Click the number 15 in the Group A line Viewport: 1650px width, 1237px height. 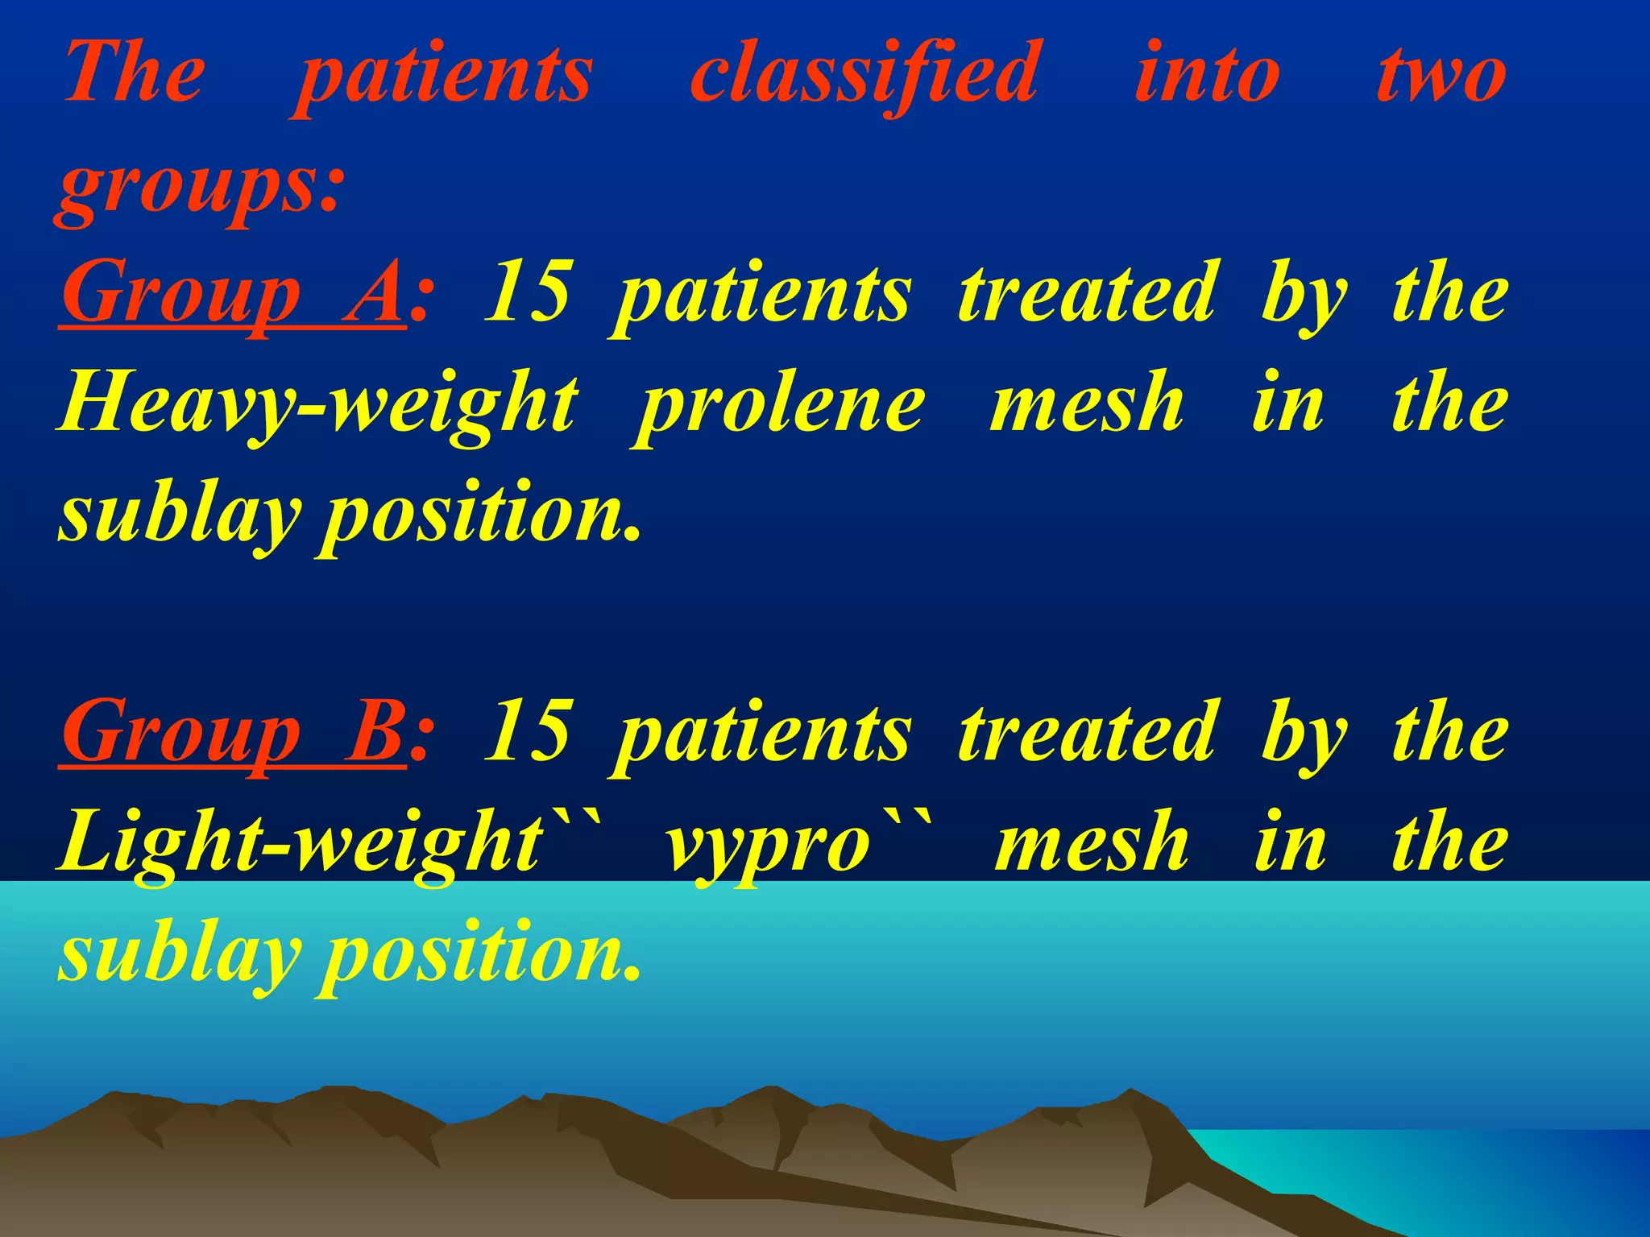(x=529, y=292)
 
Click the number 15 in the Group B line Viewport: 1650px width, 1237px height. (x=530, y=731)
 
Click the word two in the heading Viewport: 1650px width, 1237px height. (x=1441, y=76)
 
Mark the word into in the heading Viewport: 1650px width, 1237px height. (x=1207, y=76)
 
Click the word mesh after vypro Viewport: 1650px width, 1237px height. (x=1092, y=842)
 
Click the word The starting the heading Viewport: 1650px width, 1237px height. (x=134, y=74)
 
